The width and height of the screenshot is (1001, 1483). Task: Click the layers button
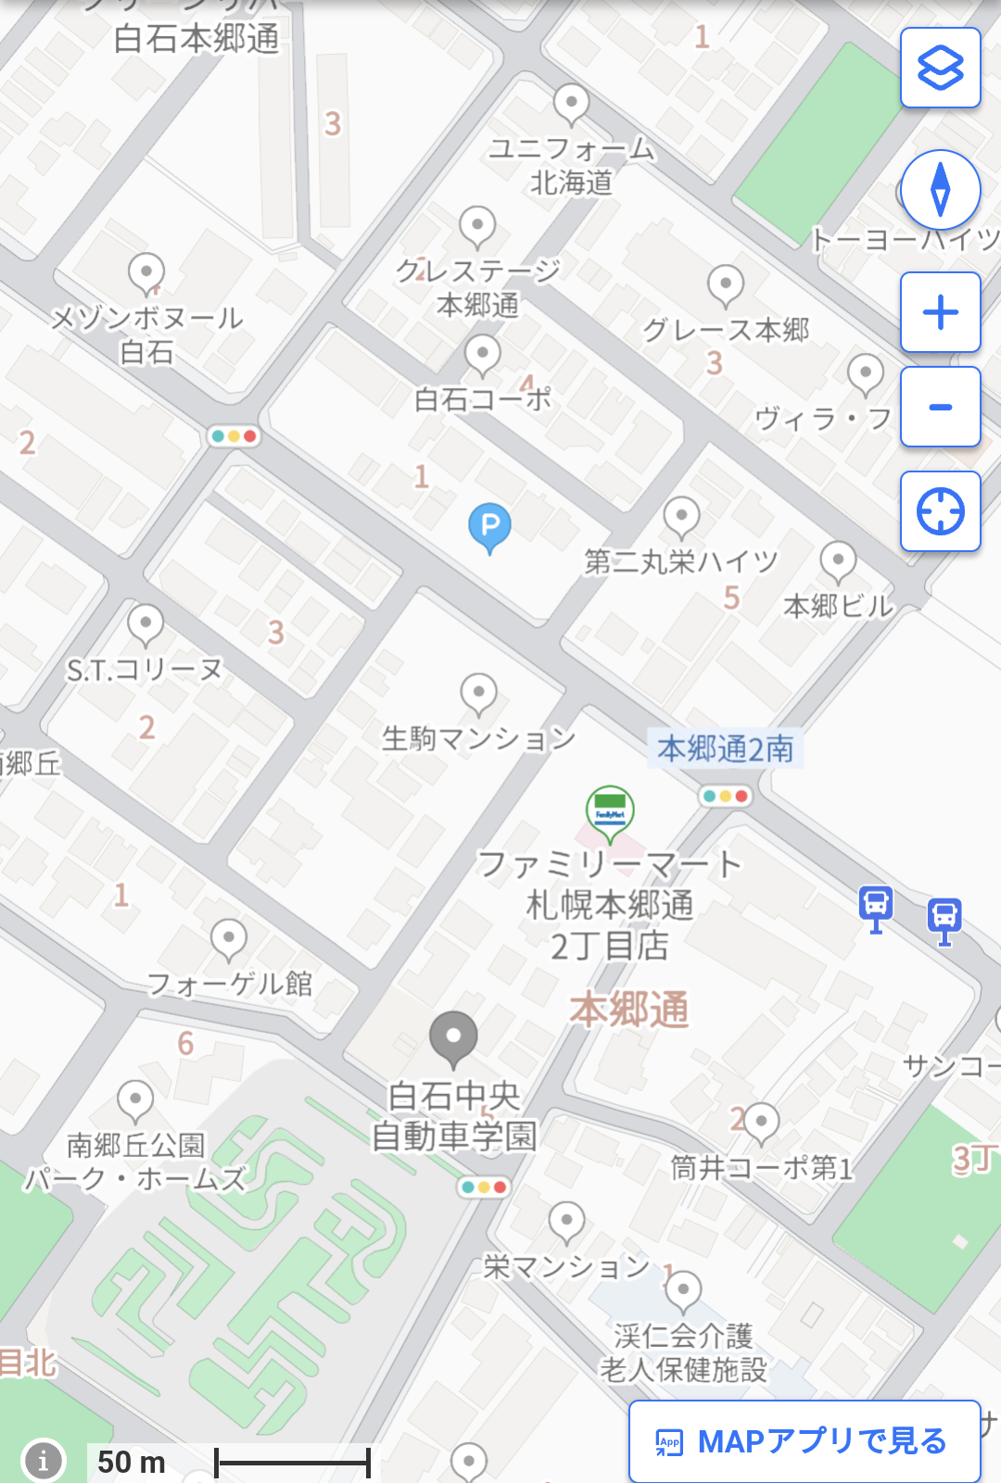coord(940,68)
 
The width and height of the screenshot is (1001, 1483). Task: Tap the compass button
coord(940,190)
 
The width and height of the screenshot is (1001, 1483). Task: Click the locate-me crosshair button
coord(940,511)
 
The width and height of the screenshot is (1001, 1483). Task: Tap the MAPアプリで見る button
coord(804,1441)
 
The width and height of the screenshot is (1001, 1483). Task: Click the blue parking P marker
coord(489,527)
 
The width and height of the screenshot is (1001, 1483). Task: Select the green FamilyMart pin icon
coord(610,811)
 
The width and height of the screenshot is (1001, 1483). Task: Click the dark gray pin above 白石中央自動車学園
coord(453,1037)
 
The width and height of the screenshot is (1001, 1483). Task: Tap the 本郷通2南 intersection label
coord(725,748)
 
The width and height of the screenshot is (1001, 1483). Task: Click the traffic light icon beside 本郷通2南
coord(725,796)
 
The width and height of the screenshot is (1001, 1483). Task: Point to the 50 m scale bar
coord(292,1463)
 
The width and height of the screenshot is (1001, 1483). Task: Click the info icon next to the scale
coord(43,1461)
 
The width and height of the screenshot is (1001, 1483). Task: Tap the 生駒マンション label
coord(478,738)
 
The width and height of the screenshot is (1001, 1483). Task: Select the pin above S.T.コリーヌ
coord(146,625)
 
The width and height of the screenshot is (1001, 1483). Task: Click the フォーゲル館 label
coord(230,984)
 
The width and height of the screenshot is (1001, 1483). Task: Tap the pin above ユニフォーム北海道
coord(571,104)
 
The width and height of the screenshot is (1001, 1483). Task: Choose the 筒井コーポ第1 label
coord(762,1167)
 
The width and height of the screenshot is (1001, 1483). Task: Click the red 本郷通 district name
coord(629,1010)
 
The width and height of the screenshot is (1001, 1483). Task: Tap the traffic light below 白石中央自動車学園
coord(484,1187)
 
